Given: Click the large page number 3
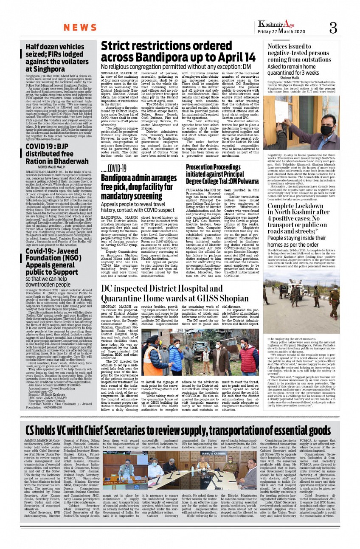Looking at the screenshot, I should [333, 28].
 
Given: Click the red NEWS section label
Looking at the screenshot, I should [81, 28].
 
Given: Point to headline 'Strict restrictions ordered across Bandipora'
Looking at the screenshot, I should [178, 51].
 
